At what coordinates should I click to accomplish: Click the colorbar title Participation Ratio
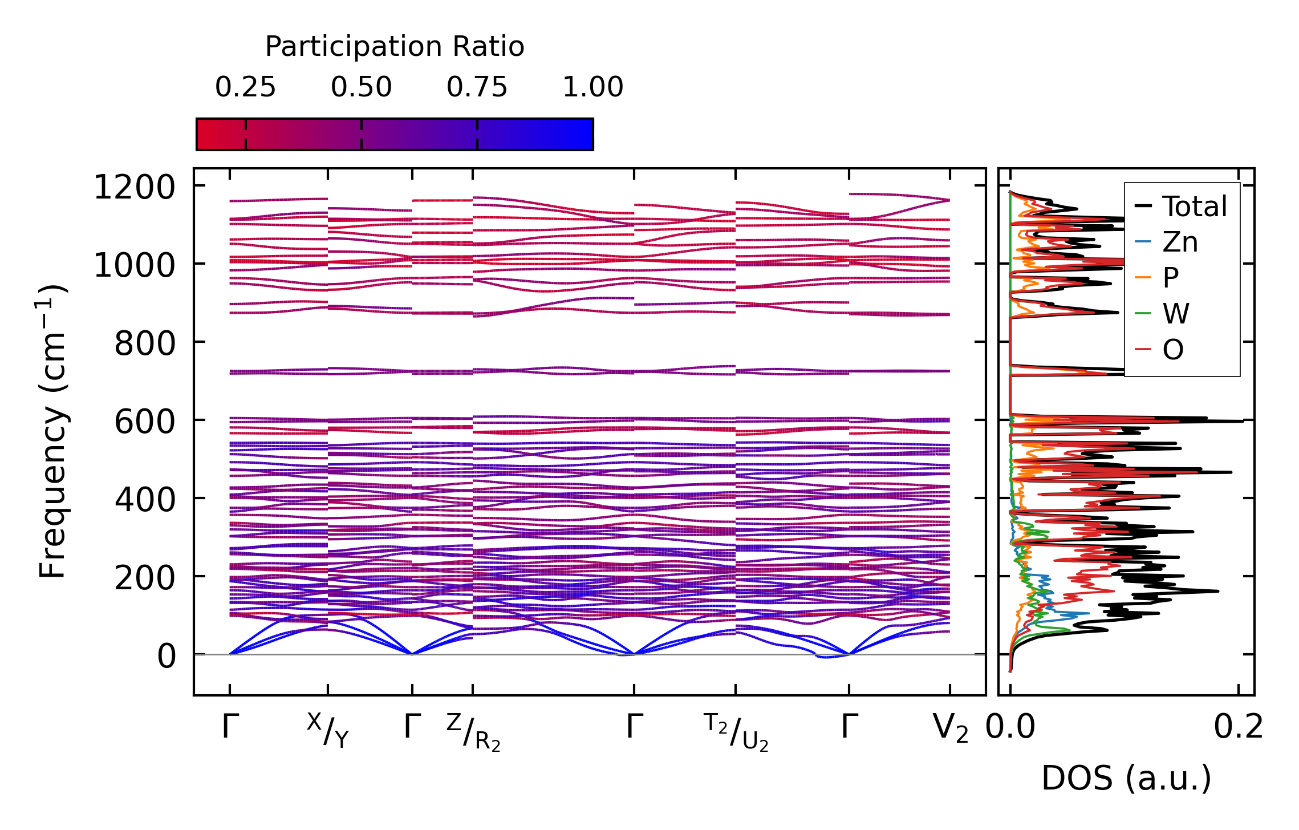395,47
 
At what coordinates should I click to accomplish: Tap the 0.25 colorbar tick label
245,87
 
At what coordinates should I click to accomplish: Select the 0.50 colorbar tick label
361,87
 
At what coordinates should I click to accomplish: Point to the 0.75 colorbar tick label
477,87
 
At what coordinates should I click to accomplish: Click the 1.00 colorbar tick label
593,87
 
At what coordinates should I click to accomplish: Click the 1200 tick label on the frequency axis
135,187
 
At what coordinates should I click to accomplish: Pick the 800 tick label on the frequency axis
145,343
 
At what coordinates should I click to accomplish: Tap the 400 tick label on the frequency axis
145,500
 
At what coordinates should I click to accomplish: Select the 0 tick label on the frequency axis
167,656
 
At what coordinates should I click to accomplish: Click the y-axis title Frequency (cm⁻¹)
53,431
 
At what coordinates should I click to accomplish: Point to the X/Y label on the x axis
328,731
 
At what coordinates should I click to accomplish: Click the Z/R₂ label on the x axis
473,732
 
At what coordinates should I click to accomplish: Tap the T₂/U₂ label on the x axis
736,732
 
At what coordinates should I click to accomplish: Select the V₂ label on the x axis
951,729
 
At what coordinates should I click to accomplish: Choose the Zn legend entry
1180,242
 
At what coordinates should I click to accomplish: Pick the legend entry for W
1176,314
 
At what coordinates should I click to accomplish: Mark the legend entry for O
1173,350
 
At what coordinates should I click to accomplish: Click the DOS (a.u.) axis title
1126,778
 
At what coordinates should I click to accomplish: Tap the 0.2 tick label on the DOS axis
1238,727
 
